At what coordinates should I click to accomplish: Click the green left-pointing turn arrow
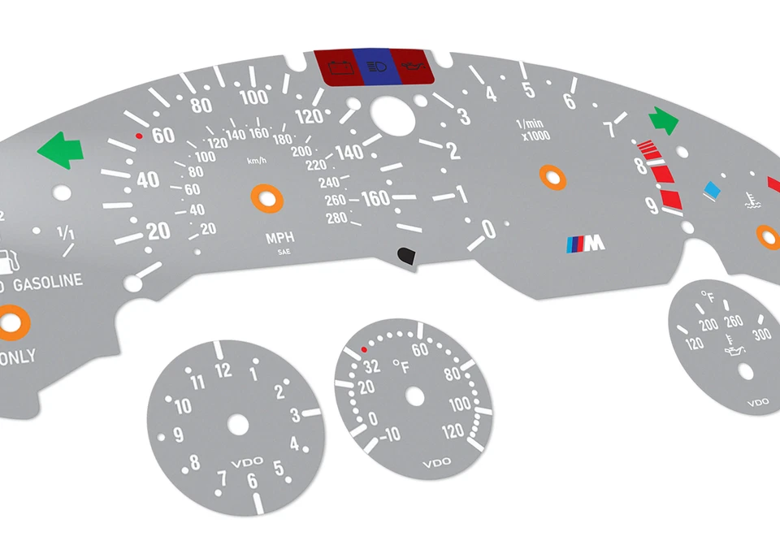60,151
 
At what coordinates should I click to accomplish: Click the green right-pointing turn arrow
663,121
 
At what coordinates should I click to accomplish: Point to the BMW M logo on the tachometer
586,242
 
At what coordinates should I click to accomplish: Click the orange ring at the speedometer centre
266,198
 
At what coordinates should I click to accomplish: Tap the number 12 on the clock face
223,370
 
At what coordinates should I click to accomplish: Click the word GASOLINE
46,282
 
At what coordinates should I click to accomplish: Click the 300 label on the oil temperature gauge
760,335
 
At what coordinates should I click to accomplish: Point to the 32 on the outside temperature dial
371,365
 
